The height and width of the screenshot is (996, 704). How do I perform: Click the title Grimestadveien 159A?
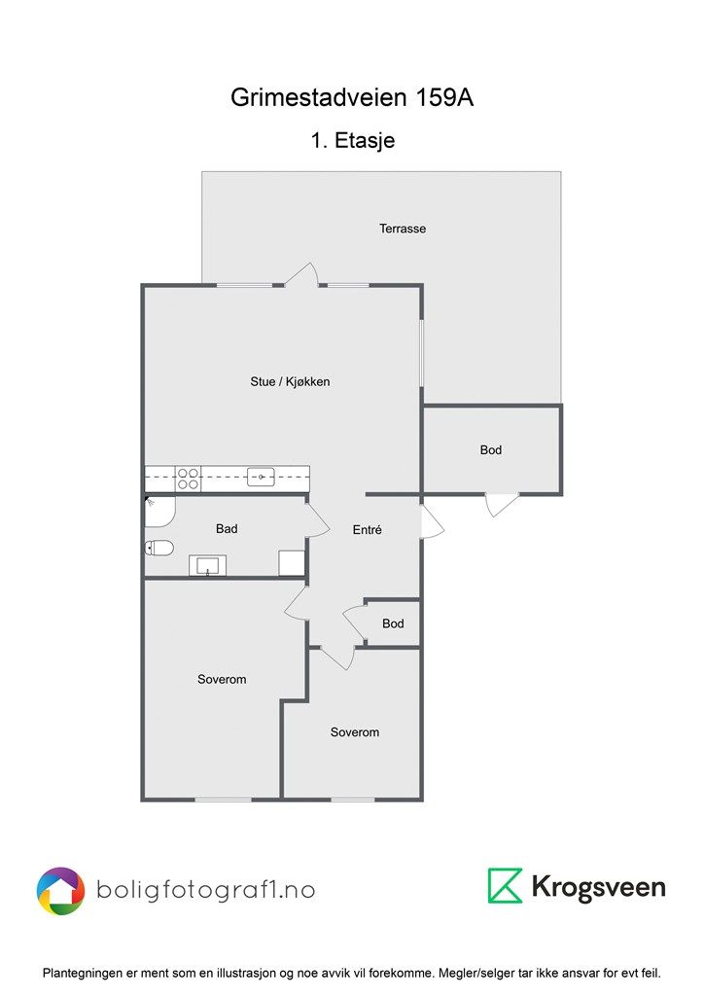click(352, 97)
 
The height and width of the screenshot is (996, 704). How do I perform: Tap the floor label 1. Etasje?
click(352, 140)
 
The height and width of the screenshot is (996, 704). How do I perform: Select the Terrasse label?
click(403, 229)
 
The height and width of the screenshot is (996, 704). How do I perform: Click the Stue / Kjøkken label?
click(290, 381)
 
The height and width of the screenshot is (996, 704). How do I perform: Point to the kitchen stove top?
click(188, 479)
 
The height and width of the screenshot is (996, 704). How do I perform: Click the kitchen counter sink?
click(261, 477)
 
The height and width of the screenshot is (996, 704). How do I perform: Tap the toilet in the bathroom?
click(158, 548)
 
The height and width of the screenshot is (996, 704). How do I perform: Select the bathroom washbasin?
click(207, 565)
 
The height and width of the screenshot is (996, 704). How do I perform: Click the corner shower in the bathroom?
click(159, 512)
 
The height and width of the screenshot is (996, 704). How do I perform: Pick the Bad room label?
click(227, 528)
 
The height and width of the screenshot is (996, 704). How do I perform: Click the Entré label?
click(368, 529)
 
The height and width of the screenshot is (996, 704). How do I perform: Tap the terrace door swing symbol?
click(300, 274)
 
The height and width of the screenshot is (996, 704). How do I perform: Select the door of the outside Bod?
click(502, 505)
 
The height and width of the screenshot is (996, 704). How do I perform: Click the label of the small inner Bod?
click(393, 623)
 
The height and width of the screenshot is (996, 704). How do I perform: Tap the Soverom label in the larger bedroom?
click(222, 679)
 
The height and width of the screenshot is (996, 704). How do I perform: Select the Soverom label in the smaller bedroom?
click(355, 732)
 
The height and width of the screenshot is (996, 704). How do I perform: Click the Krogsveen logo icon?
click(505, 885)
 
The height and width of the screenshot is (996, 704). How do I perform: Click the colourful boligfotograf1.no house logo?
click(60, 891)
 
